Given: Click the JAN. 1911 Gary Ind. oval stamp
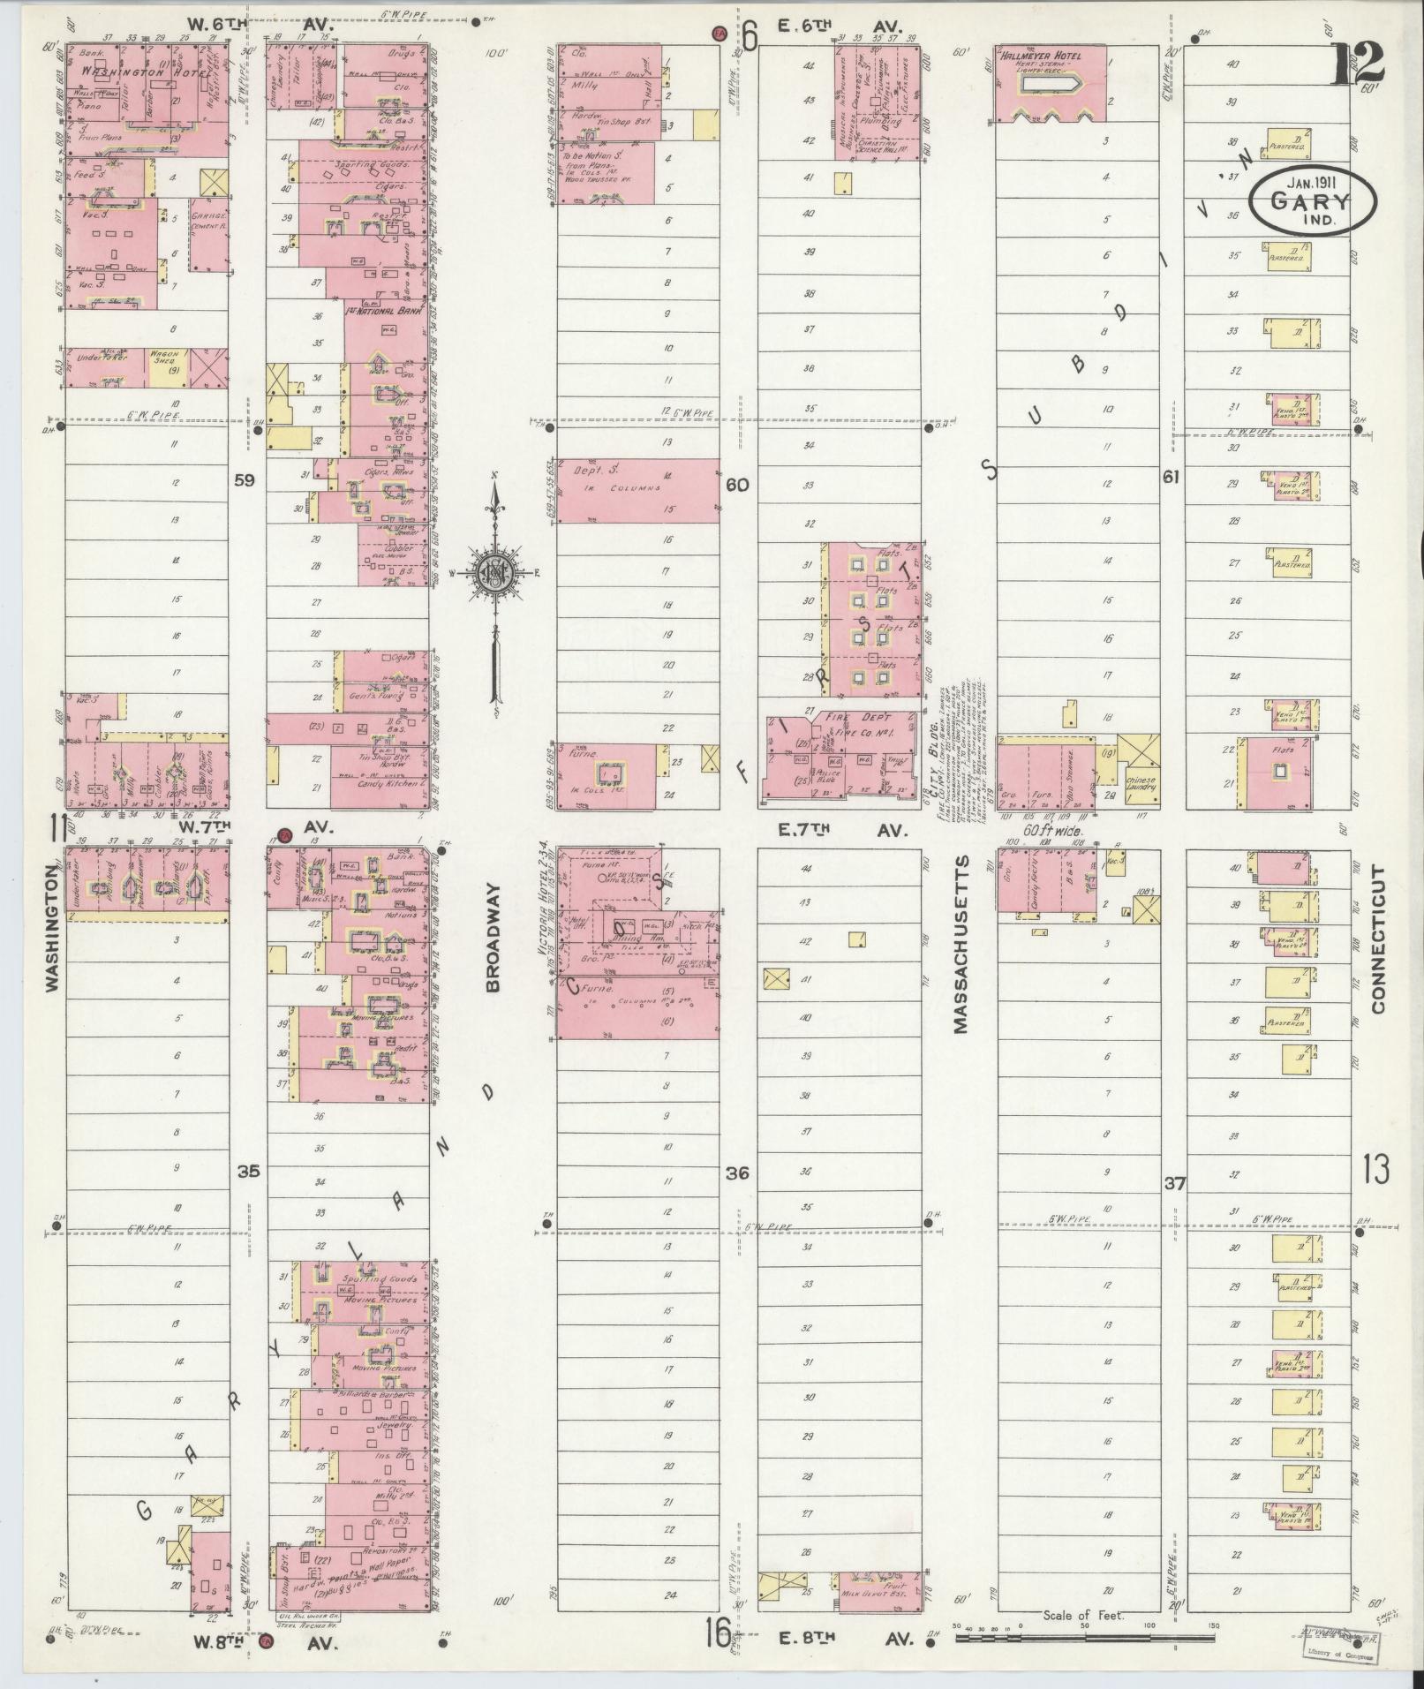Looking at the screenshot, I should (x=1310, y=201).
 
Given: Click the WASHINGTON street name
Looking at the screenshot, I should (x=51, y=933).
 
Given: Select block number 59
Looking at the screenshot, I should (x=245, y=480).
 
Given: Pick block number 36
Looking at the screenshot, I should (x=737, y=1172).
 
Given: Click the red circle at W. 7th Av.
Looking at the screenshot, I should (x=284, y=834).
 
